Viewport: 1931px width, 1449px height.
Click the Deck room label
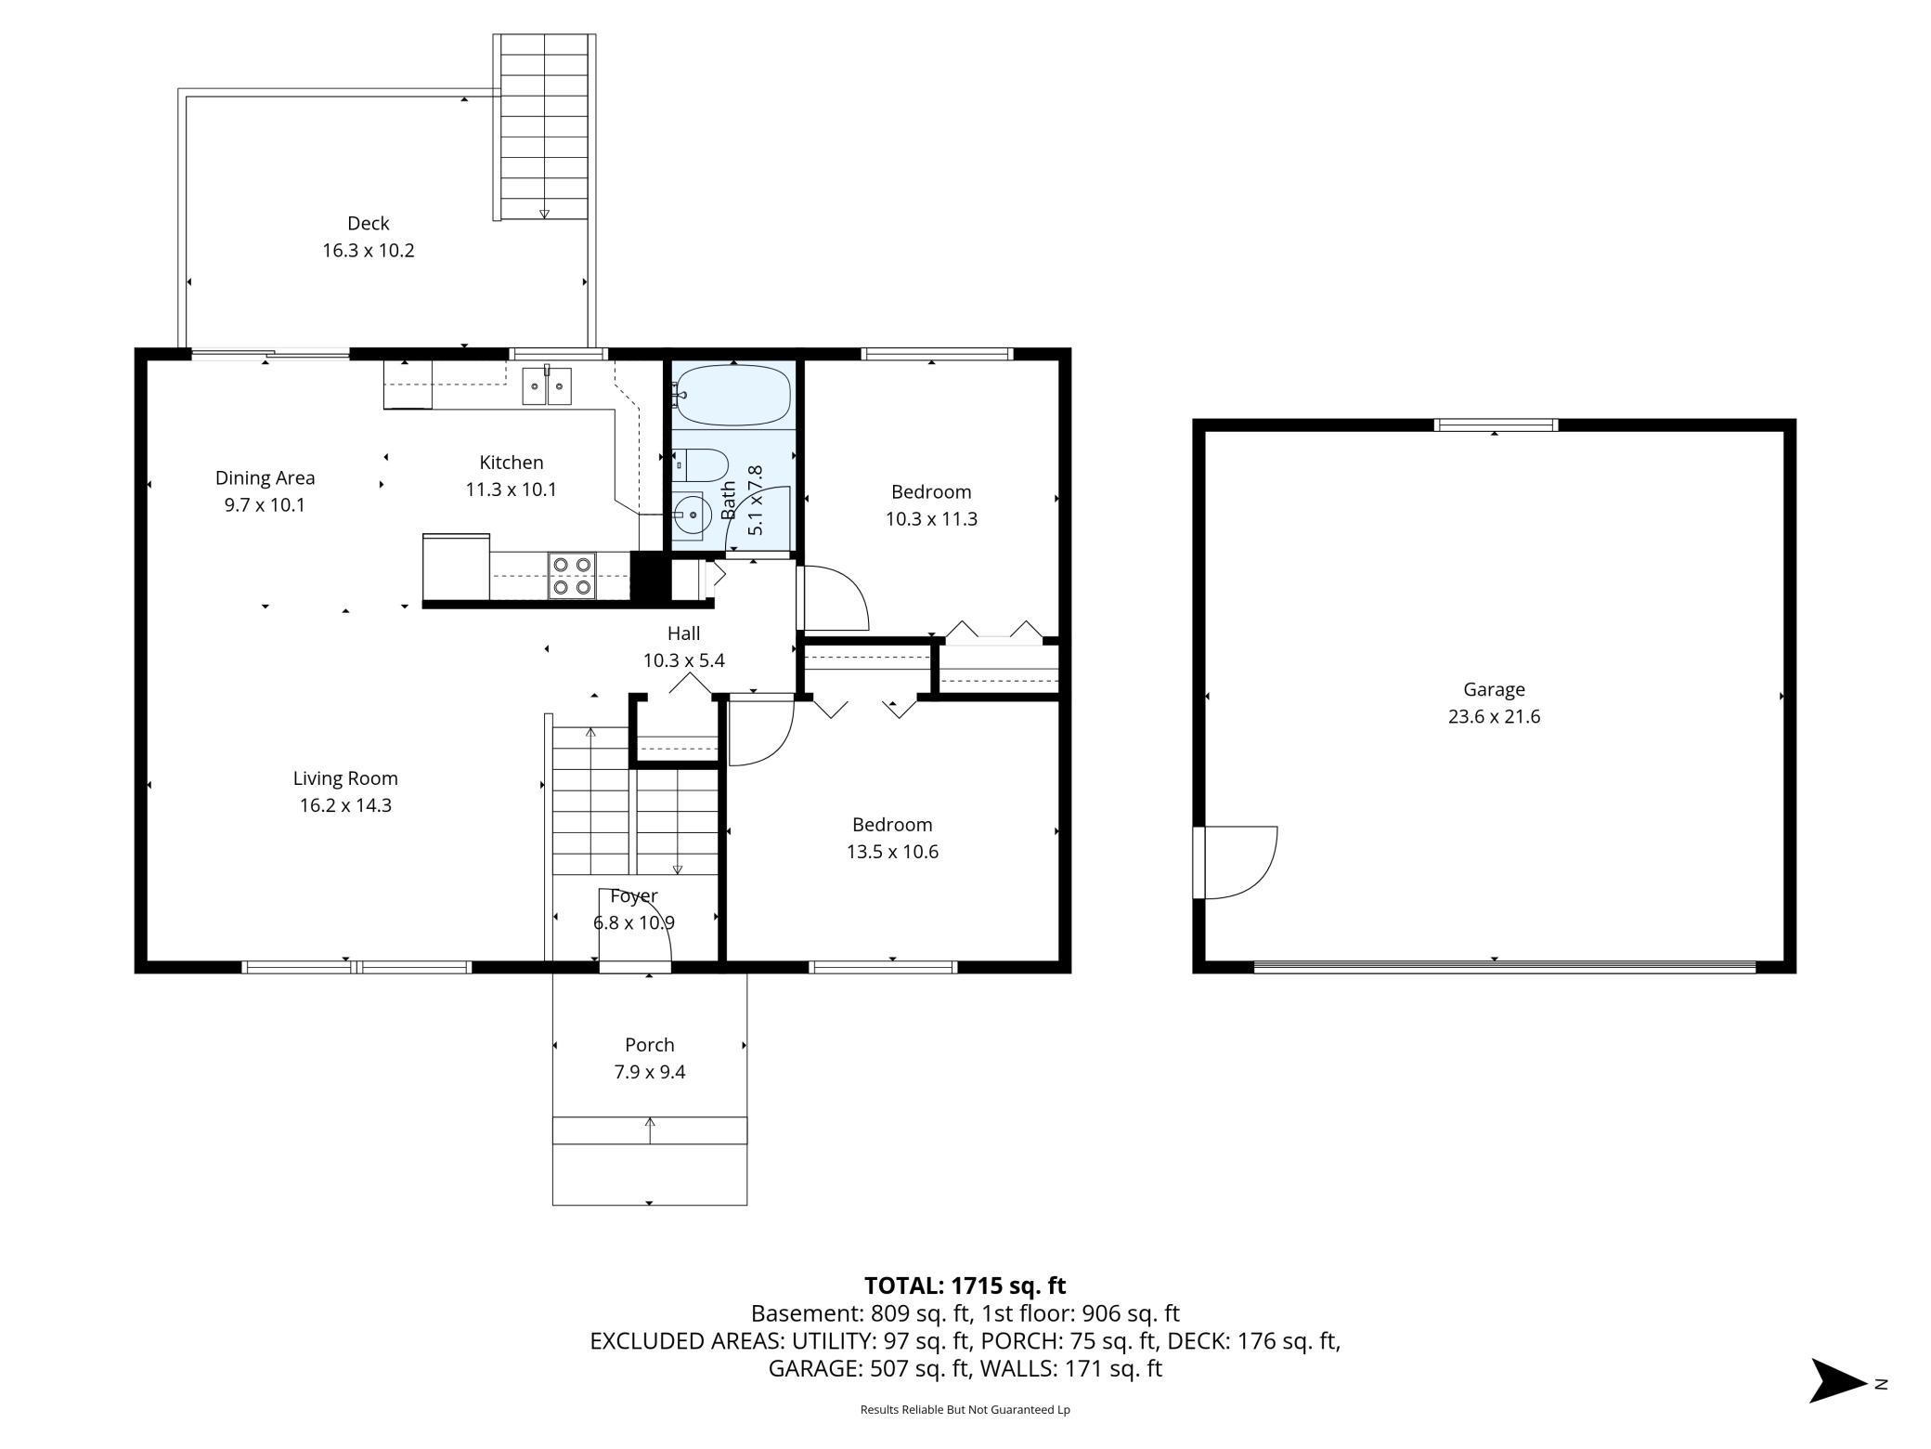tap(369, 223)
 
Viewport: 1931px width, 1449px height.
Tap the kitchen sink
tap(547, 385)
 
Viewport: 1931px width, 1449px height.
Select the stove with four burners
tap(572, 575)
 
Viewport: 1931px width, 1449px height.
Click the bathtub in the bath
tap(732, 395)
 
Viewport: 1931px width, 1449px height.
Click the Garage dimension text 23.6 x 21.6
tap(1494, 717)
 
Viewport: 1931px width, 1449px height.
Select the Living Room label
tap(345, 778)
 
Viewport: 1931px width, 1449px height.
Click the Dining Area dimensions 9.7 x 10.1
tap(265, 505)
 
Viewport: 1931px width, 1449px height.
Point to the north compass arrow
tap(1838, 1381)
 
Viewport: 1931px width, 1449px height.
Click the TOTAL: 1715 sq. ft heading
tap(965, 1286)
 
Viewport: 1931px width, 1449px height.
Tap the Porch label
tap(650, 1045)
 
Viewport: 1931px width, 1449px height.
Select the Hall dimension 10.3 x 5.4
tap(684, 661)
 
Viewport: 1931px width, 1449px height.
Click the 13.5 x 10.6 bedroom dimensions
tap(892, 852)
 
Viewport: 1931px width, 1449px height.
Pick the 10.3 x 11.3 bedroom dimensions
tap(931, 519)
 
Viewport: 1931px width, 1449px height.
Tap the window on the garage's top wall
tap(1496, 425)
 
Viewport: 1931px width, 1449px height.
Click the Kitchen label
tap(512, 463)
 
